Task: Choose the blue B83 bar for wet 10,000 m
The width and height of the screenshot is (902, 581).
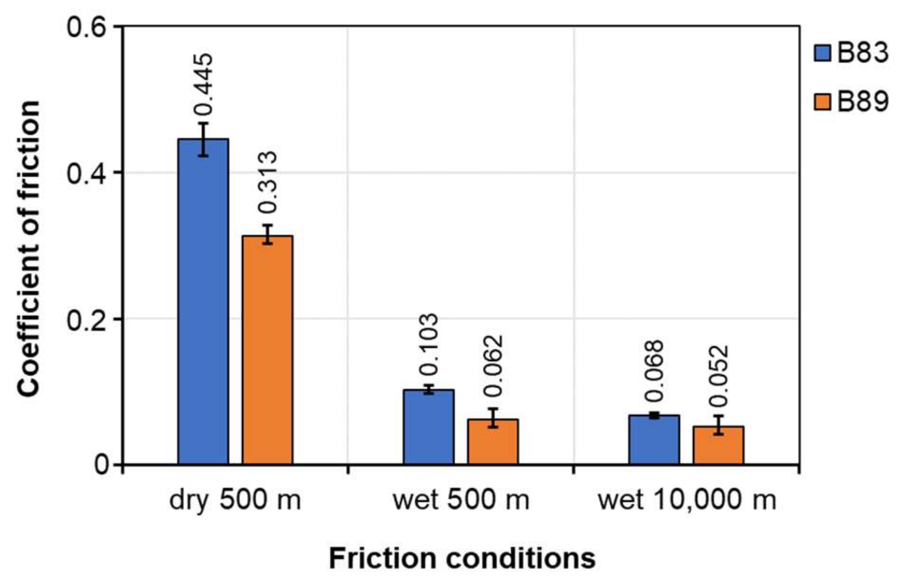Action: click(654, 439)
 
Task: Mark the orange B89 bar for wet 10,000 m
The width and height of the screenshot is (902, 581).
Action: click(718, 445)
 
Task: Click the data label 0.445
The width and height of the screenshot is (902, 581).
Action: click(204, 84)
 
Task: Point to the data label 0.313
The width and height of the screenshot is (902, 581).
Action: click(267, 182)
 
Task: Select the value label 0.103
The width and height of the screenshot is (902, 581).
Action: click(429, 344)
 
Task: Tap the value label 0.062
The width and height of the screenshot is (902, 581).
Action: click(493, 366)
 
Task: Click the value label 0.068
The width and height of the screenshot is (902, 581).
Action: click(654, 371)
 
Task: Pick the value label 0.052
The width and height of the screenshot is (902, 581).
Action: click(718, 376)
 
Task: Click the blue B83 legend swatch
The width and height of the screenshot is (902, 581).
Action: click(823, 53)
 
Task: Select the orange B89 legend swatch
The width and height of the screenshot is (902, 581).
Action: click(823, 102)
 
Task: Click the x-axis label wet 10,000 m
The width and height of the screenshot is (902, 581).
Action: click(686, 500)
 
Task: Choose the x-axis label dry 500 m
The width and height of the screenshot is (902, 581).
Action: click(235, 500)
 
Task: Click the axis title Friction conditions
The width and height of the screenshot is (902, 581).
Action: click(462, 558)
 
